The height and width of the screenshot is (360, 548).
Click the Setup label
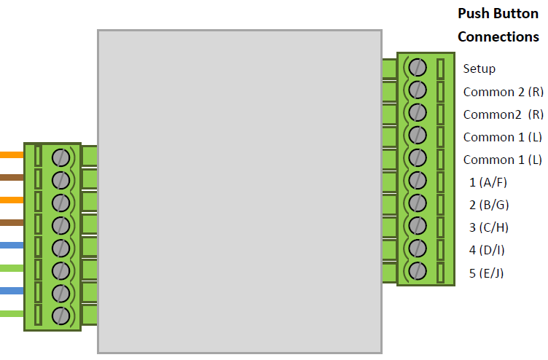[479, 69]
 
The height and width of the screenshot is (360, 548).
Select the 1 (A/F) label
[488, 182]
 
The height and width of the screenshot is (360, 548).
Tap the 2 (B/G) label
[488, 205]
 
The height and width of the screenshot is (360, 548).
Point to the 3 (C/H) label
[488, 227]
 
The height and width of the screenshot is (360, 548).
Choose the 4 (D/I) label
[487, 250]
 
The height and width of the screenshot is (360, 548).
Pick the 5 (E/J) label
[487, 273]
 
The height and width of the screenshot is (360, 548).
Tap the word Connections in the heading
[498, 37]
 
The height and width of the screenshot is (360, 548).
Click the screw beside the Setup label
[418, 67]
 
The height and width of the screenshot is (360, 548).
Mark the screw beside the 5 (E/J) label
[418, 271]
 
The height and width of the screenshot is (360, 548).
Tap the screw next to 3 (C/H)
[418, 226]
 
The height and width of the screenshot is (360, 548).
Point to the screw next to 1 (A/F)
[418, 180]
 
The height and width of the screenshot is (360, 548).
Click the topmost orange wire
[12, 154]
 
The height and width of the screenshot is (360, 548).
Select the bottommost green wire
[12, 314]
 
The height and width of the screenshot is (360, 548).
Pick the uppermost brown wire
[12, 177]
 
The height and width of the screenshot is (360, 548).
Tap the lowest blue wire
[12, 291]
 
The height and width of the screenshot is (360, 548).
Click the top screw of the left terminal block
[61, 157]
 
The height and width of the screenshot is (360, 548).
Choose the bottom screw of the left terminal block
[61, 316]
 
